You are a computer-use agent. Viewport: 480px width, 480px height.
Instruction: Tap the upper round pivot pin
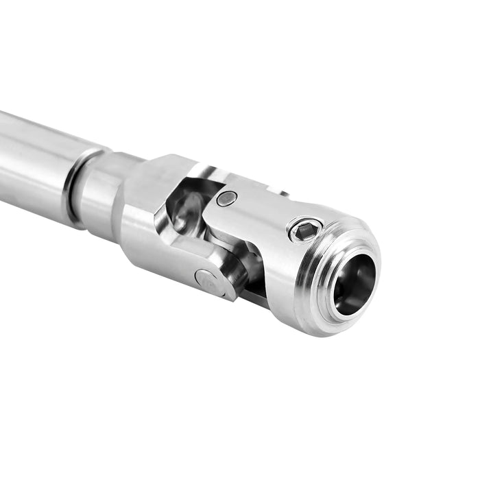226,199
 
